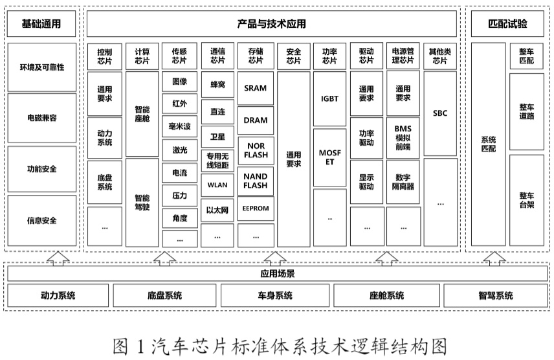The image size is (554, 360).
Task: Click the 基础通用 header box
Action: coord(41,25)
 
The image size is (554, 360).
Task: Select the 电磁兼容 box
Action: coord(41,118)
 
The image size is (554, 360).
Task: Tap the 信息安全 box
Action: coord(41,220)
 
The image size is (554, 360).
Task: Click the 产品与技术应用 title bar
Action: coord(272,25)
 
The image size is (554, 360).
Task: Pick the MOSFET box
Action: coord(329,157)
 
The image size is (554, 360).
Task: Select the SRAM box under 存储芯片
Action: coord(256,87)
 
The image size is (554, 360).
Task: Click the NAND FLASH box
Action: coord(256,181)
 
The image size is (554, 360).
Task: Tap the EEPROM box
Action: coord(256,209)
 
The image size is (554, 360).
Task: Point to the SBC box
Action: coord(440,113)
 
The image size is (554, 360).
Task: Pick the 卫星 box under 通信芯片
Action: coord(217,137)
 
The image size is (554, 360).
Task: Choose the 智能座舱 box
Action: coord(142,115)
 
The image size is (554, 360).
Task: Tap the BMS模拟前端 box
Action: coord(403,137)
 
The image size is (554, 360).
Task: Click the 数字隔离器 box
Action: coord(403,181)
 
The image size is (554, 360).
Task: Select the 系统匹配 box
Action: coord(488,144)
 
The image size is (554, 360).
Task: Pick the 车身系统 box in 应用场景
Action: coord(274,296)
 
